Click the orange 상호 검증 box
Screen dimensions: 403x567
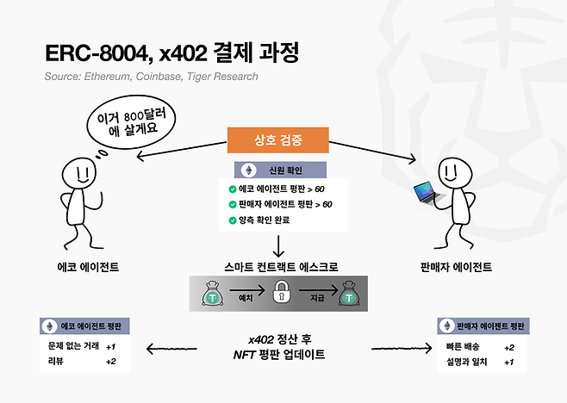pos(277,140)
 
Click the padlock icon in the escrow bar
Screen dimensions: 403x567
pos(278,295)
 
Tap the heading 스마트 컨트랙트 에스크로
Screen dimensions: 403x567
pos(277,268)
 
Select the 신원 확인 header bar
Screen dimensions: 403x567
pos(277,170)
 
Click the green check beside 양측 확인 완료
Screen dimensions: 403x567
pos(233,221)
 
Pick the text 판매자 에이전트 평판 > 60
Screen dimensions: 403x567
pos(285,204)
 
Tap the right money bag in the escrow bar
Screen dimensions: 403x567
pos(347,295)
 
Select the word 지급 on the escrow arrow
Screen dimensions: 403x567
pos(315,295)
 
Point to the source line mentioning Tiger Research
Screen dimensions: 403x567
pos(152,77)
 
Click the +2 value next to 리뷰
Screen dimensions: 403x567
pos(109,361)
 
